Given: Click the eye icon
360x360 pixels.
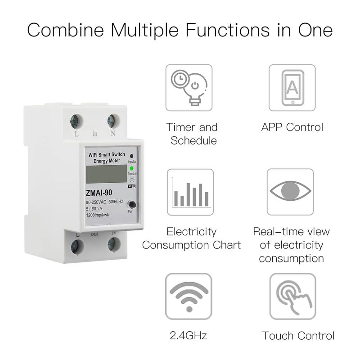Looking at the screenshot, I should pyautogui.click(x=292, y=191).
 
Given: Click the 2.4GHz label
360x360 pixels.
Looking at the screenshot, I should pyautogui.click(x=189, y=335).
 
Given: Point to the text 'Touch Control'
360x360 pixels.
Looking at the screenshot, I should pyautogui.click(x=298, y=335).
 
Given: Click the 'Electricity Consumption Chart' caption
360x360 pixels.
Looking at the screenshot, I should pyautogui.click(x=192, y=238).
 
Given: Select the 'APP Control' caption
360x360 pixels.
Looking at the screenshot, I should pyautogui.click(x=292, y=127).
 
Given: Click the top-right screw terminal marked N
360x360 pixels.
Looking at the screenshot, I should pyautogui.click(x=112, y=121).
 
